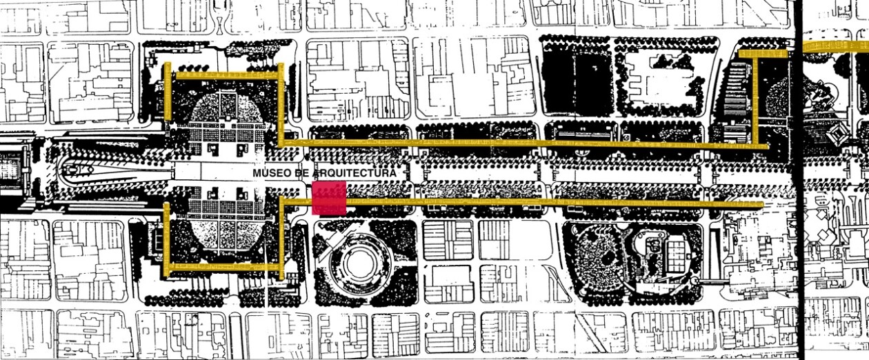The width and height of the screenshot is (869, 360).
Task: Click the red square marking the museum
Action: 329,198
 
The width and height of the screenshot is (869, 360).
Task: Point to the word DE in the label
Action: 301,173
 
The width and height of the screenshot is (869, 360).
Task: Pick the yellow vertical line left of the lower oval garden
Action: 166,238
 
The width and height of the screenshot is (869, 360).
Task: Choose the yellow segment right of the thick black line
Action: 835,46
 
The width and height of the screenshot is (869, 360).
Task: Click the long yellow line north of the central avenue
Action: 517,143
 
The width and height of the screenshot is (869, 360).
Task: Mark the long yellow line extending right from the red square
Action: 552,203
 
